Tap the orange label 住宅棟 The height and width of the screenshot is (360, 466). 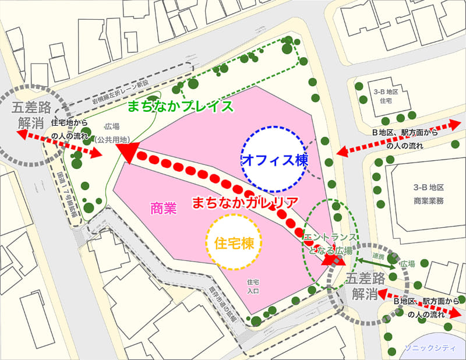[234, 241]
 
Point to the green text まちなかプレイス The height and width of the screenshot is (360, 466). [181, 106]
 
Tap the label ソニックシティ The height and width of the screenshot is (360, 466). [432, 349]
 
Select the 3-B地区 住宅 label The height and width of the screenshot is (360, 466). [384, 97]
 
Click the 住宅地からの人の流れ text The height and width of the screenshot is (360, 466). [70, 129]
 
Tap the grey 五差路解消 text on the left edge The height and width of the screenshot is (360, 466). [25, 116]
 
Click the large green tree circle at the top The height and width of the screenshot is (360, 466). [287, 48]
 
